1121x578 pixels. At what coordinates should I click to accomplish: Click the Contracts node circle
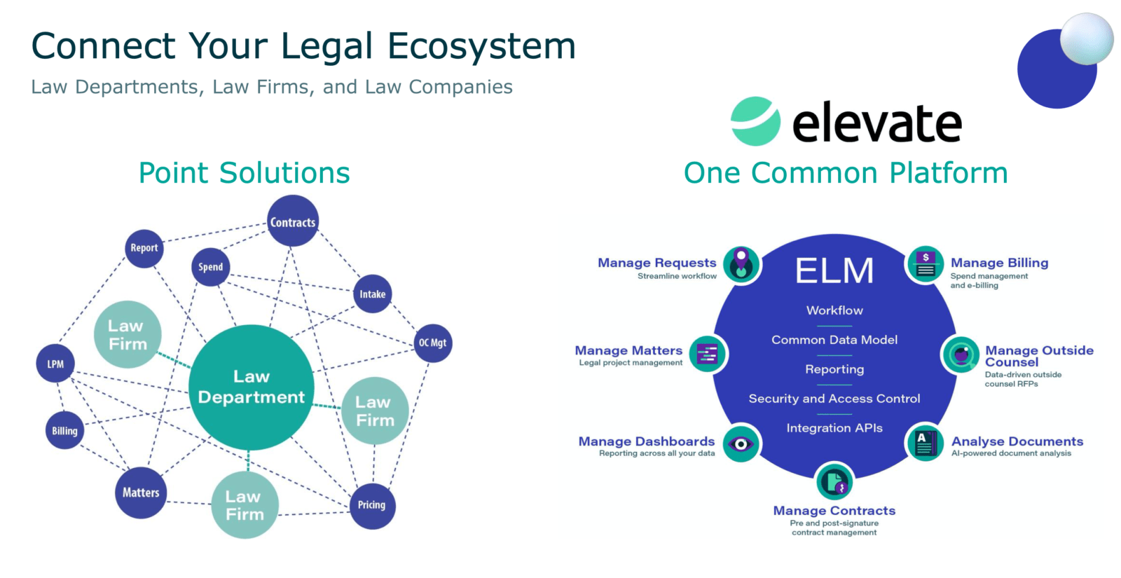pos(293,221)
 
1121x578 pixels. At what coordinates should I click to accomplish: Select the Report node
pos(144,248)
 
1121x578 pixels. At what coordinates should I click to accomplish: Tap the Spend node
pos(210,267)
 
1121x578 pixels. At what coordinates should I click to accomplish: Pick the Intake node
pos(372,294)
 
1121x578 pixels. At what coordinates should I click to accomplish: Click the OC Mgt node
pos(432,343)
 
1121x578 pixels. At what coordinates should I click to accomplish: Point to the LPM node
pos(55,364)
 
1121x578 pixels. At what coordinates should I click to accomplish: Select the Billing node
pos(64,431)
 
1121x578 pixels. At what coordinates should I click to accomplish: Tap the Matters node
pos(141,493)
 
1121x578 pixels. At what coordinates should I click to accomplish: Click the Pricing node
pos(371,504)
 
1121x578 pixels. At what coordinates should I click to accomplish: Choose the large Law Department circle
pos(252,387)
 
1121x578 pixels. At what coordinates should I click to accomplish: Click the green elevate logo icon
pos(755,121)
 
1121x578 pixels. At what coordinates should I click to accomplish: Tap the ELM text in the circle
pos(834,271)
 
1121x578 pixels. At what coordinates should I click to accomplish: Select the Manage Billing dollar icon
pos(925,265)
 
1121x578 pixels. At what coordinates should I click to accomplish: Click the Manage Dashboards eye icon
pos(741,443)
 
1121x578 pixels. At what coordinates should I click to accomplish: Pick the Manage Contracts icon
pos(834,482)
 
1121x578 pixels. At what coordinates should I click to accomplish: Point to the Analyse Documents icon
pos(925,443)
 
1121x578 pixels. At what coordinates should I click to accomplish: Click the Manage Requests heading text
pos(656,263)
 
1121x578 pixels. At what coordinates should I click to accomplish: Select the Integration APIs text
pos(834,428)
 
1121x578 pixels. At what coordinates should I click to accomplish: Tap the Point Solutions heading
pos(244,173)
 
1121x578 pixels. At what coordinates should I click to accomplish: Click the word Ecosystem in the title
pos(481,47)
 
